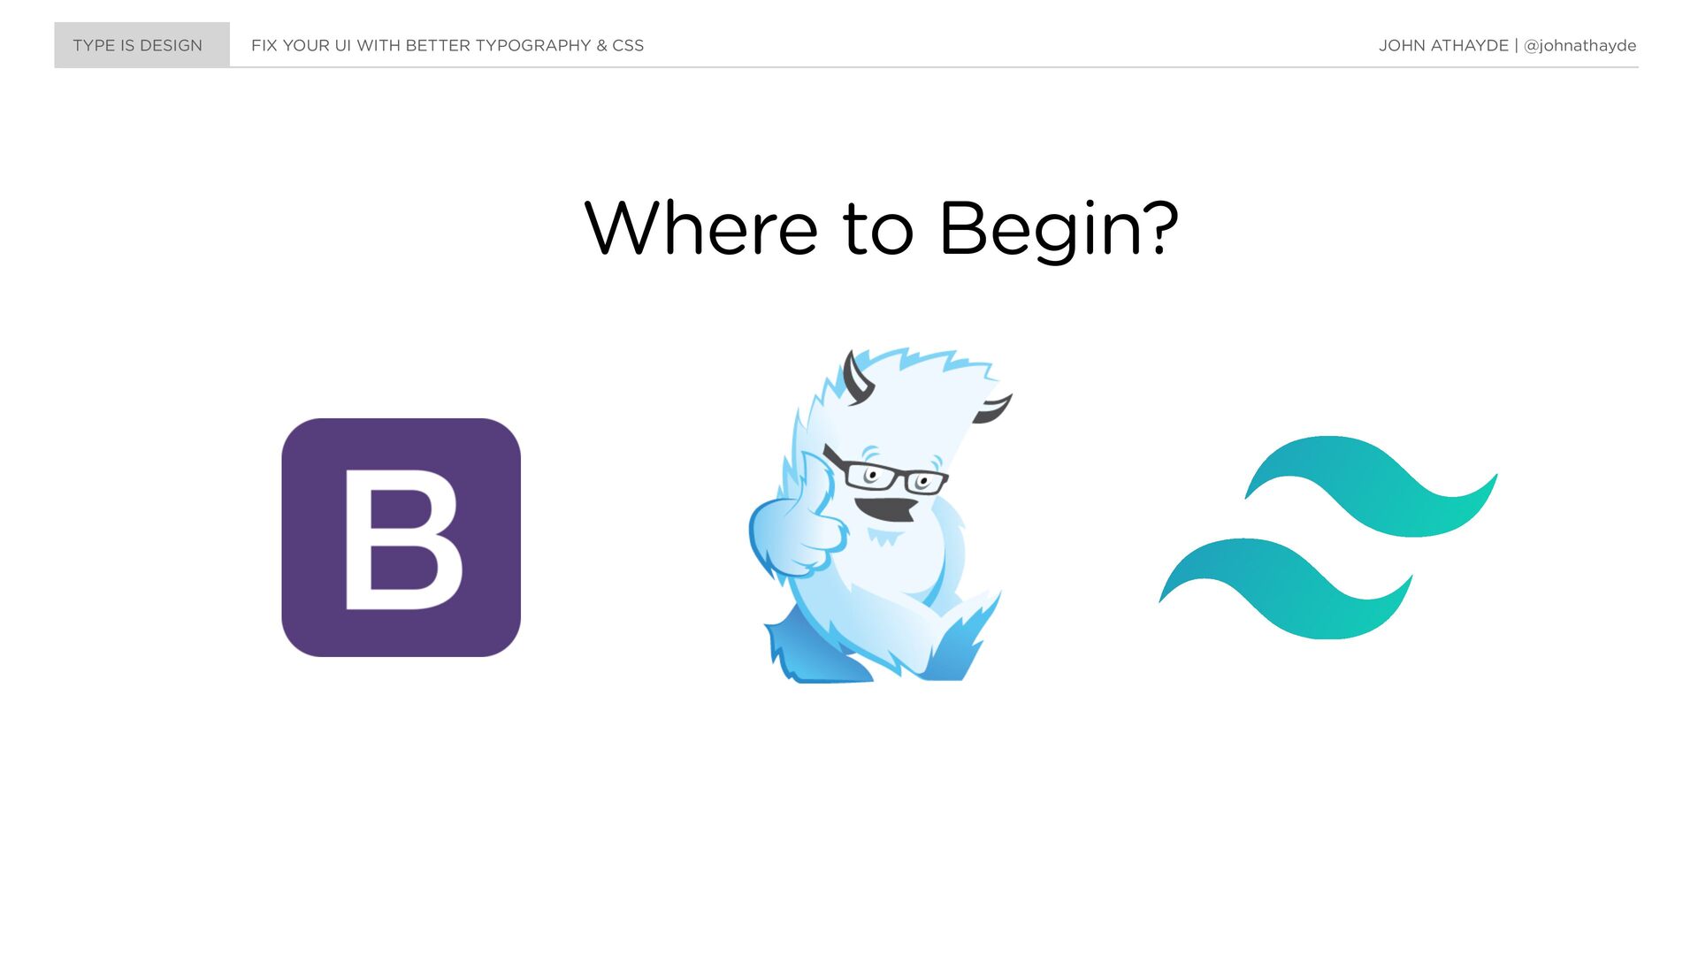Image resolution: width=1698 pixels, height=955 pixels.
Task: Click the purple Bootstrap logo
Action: tap(401, 538)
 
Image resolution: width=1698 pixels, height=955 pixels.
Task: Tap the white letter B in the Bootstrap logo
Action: tap(402, 539)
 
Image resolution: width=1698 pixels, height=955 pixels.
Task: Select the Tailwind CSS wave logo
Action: tap(1328, 538)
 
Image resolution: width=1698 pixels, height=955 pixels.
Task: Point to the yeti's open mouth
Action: tap(885, 509)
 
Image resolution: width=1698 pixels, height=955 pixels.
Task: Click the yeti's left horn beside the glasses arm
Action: tap(856, 378)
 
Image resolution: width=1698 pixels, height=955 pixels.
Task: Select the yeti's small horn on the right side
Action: tap(992, 409)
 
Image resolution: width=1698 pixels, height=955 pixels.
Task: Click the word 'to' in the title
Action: tap(878, 230)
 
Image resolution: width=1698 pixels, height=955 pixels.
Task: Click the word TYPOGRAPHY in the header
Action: tap(533, 45)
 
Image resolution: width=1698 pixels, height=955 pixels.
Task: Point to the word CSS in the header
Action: tap(628, 45)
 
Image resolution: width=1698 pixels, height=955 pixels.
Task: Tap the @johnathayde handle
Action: tap(1579, 46)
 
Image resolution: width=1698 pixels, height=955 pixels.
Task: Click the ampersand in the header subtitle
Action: tap(601, 45)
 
